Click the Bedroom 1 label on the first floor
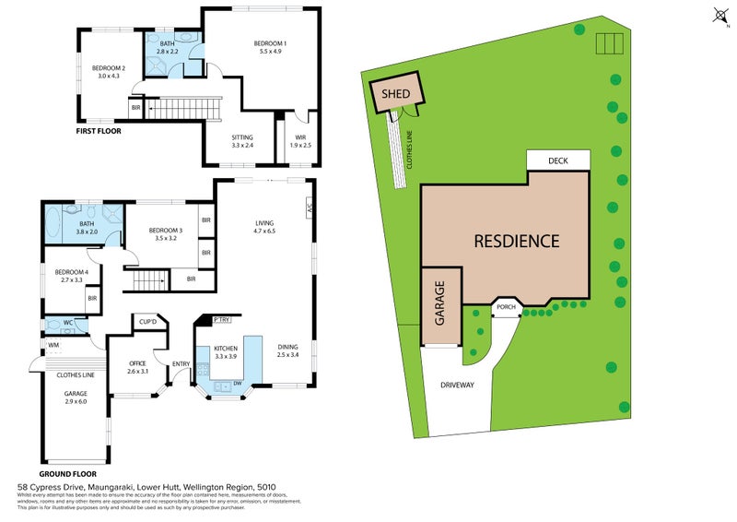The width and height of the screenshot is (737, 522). (271, 48)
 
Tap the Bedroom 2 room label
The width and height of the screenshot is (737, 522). (108, 72)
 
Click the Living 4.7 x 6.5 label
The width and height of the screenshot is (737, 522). (265, 226)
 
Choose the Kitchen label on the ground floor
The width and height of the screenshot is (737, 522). (226, 350)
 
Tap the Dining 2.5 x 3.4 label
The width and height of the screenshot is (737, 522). (288, 350)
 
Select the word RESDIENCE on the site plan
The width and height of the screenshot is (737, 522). (516, 242)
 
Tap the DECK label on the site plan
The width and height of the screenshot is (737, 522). (557, 160)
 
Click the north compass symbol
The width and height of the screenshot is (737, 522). (720, 16)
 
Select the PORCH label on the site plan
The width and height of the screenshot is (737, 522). (506, 307)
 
